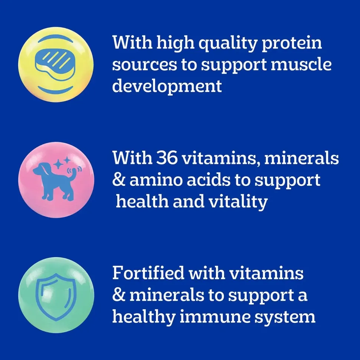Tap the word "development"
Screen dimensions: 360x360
pos(167,87)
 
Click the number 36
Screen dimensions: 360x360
pos(167,158)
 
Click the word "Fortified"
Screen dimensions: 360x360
pos(148,273)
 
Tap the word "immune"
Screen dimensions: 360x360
pos(215,317)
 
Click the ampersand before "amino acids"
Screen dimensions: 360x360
pos(119,180)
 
